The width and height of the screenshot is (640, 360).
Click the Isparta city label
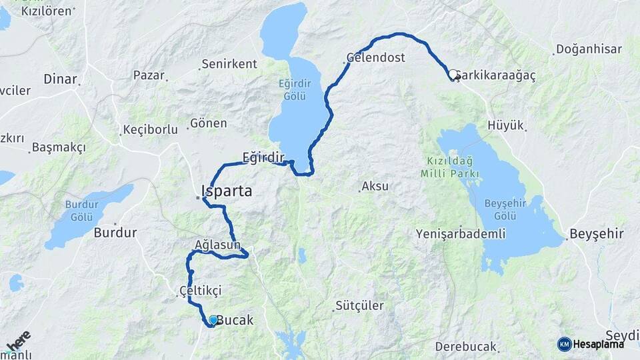click(x=228, y=191)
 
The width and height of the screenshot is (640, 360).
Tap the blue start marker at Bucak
click(x=213, y=320)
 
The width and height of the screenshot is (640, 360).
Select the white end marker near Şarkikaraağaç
click(x=453, y=75)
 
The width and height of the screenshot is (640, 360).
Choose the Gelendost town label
click(x=376, y=57)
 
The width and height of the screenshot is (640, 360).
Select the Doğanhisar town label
click(x=589, y=49)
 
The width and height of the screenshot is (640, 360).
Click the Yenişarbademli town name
click(x=461, y=234)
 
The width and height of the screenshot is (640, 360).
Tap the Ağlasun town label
click(x=218, y=244)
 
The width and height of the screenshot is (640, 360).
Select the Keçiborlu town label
click(x=151, y=129)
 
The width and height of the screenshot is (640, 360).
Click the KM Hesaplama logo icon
click(x=565, y=344)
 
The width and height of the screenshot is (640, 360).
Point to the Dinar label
click(x=61, y=79)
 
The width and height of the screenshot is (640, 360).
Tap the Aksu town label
click(x=375, y=187)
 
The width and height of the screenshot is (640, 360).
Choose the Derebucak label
click(x=466, y=347)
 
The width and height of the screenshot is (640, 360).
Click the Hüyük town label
click(x=506, y=125)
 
